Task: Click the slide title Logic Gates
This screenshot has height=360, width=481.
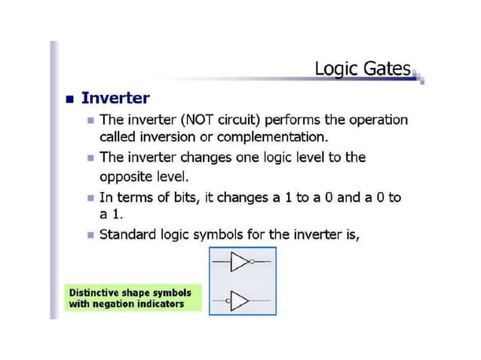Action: [363, 69]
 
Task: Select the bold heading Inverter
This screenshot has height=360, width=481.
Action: [115, 98]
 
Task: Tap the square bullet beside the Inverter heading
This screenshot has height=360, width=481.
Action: [69, 99]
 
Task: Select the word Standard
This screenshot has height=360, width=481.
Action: [127, 234]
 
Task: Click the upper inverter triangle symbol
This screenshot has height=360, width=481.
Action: [239, 263]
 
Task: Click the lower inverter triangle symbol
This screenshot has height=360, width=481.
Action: [239, 301]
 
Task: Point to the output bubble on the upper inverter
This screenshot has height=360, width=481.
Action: [251, 263]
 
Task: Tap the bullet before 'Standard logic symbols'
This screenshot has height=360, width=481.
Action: [91, 235]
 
